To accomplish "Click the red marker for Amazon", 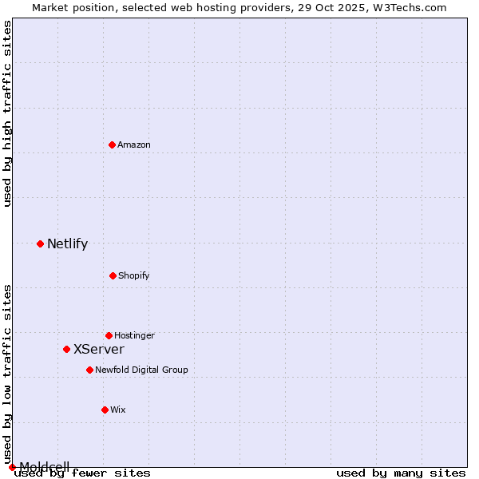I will click(x=112, y=144).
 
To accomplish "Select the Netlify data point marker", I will click(x=40, y=243).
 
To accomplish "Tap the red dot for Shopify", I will click(x=113, y=275).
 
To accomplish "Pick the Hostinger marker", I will click(x=109, y=335).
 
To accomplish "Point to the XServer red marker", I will click(x=66, y=349).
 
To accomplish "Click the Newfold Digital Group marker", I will click(x=89, y=370).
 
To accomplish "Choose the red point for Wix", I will click(x=105, y=410).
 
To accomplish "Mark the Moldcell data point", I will click(x=12, y=467).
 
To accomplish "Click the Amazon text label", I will click(x=134, y=144).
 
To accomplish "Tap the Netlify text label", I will click(x=67, y=244).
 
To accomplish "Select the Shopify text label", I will click(x=134, y=275).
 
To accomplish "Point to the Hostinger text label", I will click(x=134, y=335).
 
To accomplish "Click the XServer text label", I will click(x=99, y=350).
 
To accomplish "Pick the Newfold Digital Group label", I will click(x=141, y=370).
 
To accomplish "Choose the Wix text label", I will click(x=118, y=410).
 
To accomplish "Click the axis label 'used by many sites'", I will click(x=401, y=473).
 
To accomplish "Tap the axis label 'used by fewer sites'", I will click(x=83, y=473).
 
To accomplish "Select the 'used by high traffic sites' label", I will click(x=8, y=113).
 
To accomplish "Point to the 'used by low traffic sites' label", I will click(x=8, y=374).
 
